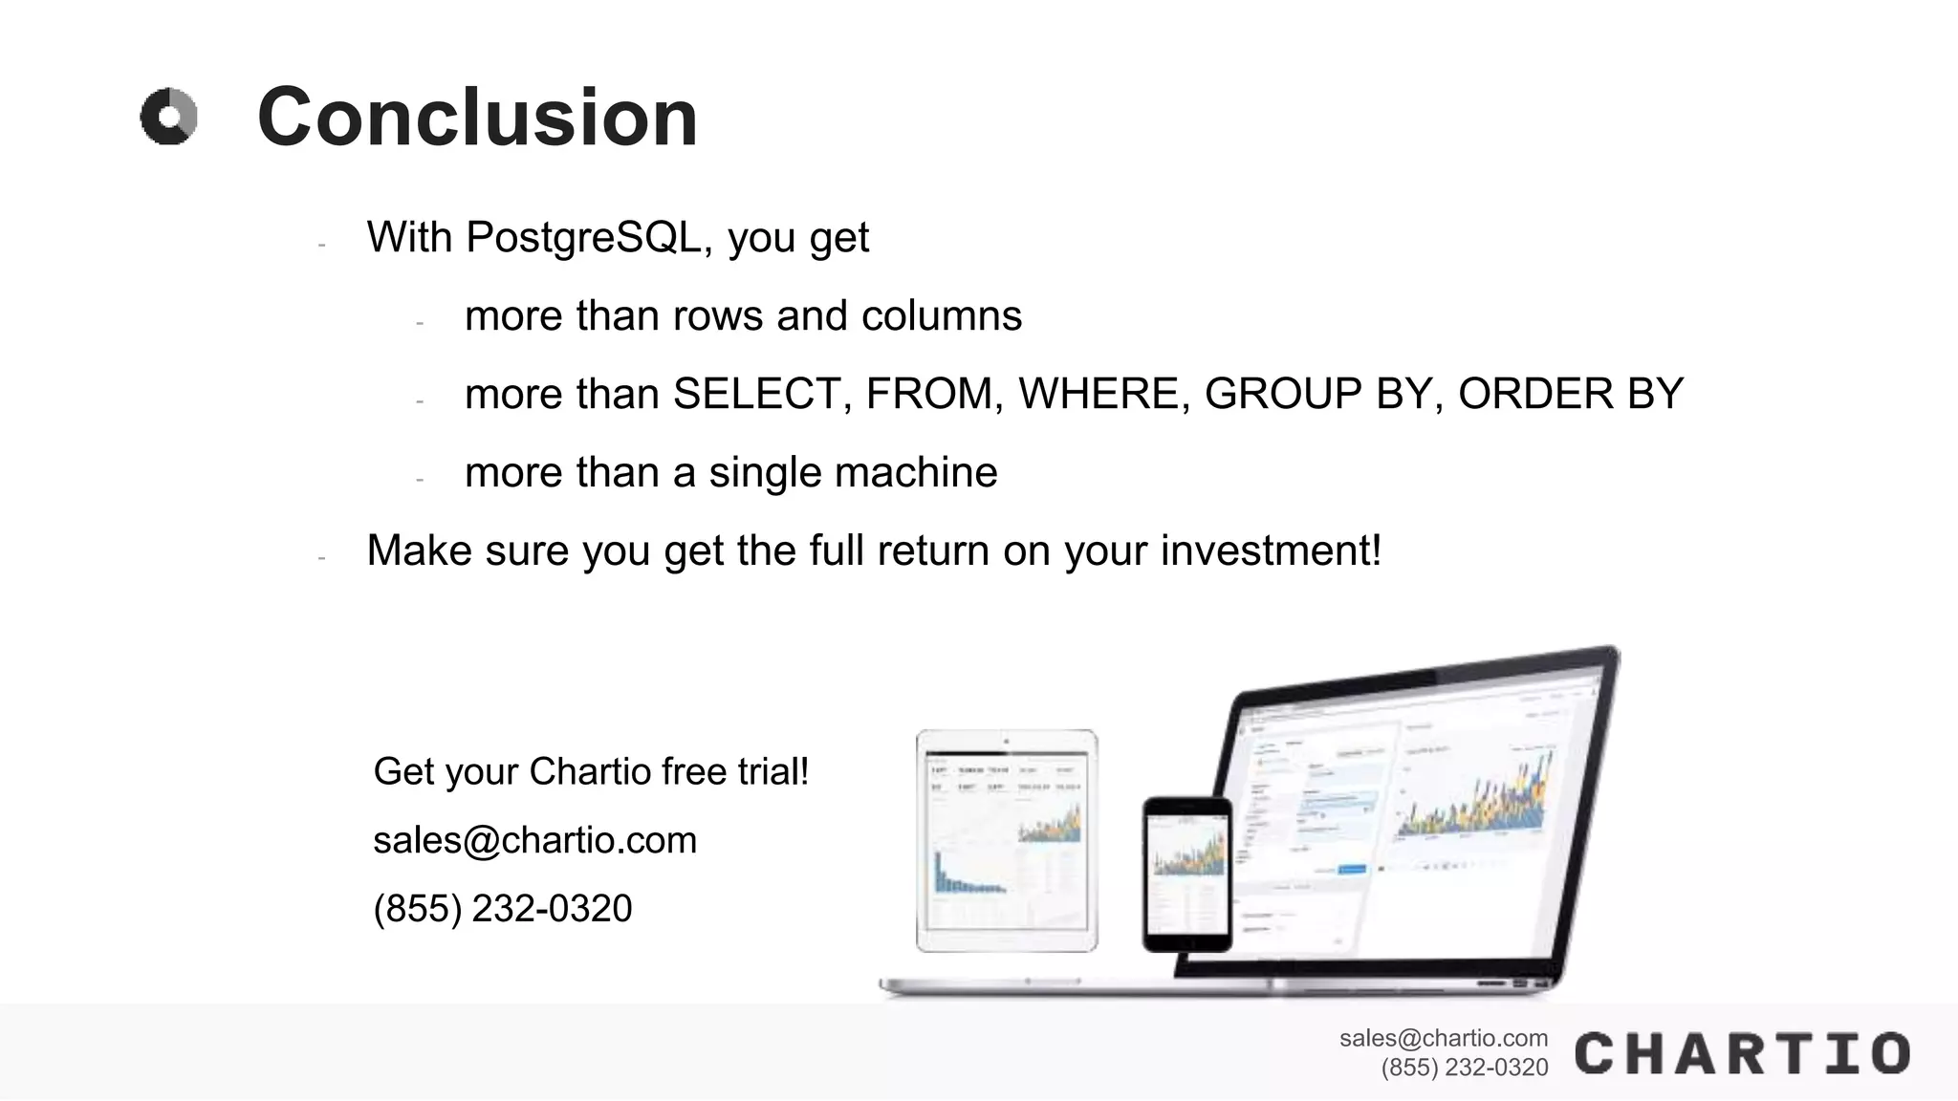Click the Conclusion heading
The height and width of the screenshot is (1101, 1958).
click(x=477, y=118)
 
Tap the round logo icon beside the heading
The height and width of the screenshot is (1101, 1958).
click(x=169, y=118)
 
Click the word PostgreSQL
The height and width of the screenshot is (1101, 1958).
click(x=583, y=237)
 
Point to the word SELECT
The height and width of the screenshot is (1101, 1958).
click(x=755, y=394)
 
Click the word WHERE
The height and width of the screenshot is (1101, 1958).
click(x=1098, y=394)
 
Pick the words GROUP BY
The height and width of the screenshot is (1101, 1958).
click(x=1316, y=394)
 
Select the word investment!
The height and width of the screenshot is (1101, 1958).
click(x=1271, y=550)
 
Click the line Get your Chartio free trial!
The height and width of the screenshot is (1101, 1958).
click(x=591, y=771)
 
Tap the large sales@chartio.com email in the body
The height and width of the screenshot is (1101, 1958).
click(x=534, y=840)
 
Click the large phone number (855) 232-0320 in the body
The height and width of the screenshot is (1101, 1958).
click(x=503, y=908)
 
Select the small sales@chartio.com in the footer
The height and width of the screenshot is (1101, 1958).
click(x=1443, y=1038)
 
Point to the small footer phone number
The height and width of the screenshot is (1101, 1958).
click(x=1464, y=1068)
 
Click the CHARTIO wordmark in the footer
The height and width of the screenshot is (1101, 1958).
click(x=1742, y=1053)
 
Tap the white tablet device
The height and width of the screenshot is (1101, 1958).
click(x=1006, y=841)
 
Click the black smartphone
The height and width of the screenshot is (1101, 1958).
click(x=1187, y=874)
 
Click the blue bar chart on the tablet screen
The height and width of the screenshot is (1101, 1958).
click(x=966, y=874)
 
